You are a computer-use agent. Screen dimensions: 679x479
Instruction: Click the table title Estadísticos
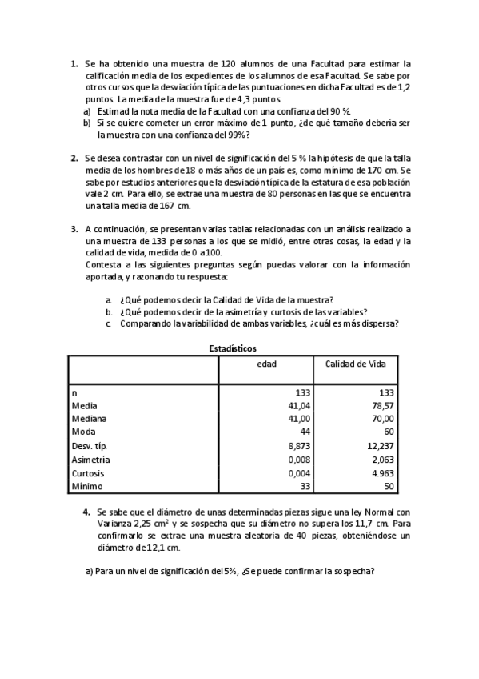point(233,348)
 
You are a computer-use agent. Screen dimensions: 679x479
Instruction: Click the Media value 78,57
point(381,405)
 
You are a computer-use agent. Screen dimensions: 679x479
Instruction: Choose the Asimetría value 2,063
point(381,459)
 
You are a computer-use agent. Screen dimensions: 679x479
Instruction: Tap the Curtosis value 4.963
point(381,472)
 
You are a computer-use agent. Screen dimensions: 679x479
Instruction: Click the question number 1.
point(74,62)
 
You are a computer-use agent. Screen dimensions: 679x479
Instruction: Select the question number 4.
point(86,511)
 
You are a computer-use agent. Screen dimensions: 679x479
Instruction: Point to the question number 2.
point(74,159)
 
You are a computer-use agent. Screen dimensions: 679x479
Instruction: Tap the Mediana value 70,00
point(381,418)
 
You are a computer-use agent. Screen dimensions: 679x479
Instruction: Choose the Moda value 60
point(387,432)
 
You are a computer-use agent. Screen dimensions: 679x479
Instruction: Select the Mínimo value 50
point(387,486)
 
